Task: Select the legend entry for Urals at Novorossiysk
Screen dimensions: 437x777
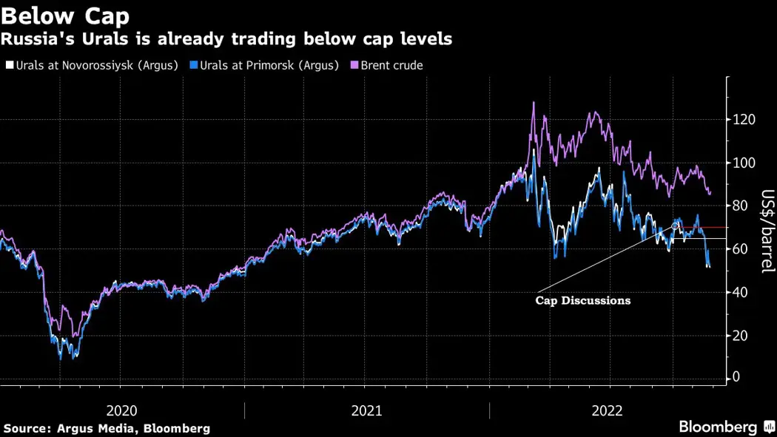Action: pos(92,65)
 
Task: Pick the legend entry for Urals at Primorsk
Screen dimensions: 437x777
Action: pos(263,65)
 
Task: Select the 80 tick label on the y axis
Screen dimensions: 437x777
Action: pos(739,206)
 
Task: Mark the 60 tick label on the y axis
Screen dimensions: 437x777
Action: pos(739,249)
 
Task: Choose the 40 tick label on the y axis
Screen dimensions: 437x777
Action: pos(739,292)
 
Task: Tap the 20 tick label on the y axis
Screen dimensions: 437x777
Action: pos(739,335)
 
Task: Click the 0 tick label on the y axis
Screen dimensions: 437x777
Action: pos(736,378)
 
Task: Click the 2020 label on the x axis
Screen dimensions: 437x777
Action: pos(122,411)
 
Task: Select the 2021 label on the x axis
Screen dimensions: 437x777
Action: pos(367,411)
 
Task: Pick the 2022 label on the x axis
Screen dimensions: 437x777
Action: pos(608,411)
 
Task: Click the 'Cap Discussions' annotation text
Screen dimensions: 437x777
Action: pos(583,301)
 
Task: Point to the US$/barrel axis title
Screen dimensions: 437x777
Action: pos(767,231)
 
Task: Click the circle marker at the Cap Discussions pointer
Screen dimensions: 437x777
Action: pos(675,225)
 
